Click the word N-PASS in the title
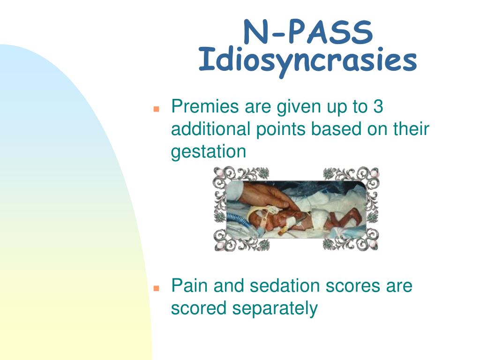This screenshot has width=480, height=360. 308,32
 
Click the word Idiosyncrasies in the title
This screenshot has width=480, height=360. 307,60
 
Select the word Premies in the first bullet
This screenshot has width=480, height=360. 205,106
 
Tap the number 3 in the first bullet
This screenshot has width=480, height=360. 378,106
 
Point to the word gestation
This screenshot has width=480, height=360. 209,152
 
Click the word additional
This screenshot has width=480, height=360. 210,129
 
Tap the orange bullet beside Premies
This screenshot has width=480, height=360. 157,109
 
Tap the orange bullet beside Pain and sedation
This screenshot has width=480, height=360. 157,288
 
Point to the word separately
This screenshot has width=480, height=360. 275,308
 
